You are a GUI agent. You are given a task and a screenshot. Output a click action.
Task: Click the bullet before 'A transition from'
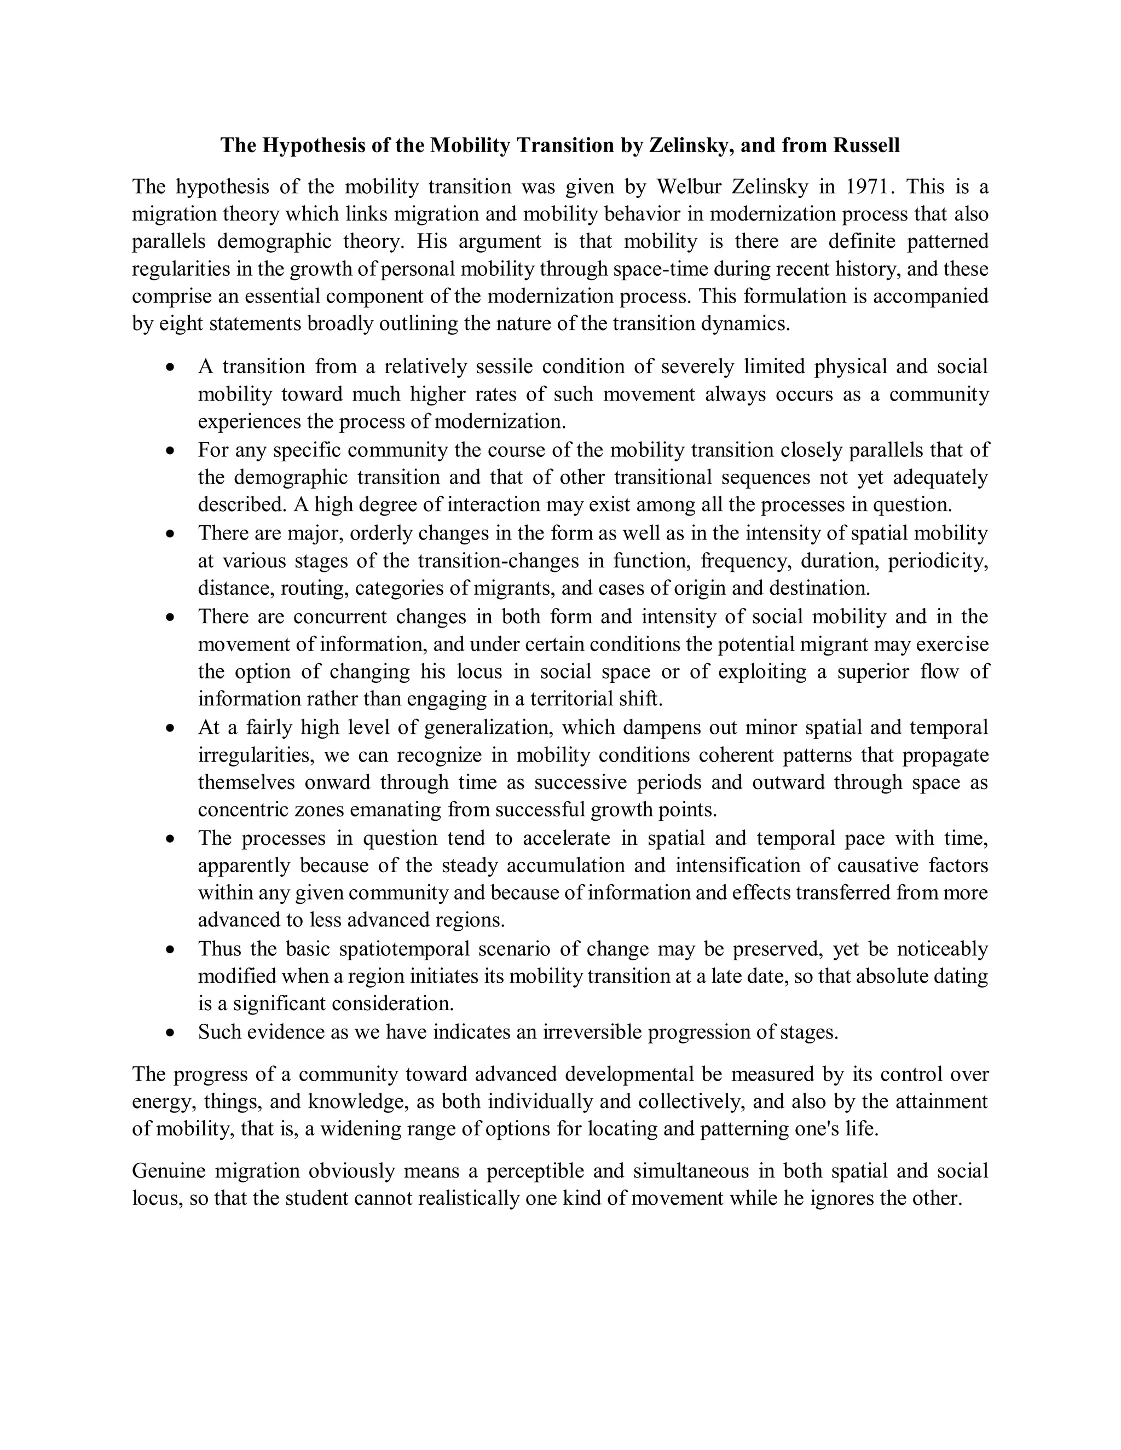pyautogui.click(x=171, y=367)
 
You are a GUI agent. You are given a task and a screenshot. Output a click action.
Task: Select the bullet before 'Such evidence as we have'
pyautogui.click(x=171, y=1033)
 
